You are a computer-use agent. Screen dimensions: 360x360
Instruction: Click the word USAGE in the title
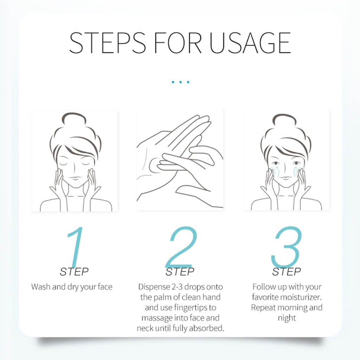click(x=250, y=43)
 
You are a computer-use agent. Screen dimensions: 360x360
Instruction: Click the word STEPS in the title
click(x=107, y=43)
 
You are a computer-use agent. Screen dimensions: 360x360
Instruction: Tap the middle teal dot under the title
click(x=180, y=82)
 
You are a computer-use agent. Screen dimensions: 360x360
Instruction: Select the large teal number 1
click(x=75, y=247)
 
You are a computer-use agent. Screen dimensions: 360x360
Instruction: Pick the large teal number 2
click(x=181, y=246)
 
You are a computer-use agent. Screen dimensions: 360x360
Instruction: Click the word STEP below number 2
click(x=180, y=272)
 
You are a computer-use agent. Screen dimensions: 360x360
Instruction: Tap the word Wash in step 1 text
click(x=41, y=287)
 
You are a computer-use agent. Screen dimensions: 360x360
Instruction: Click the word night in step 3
click(x=287, y=318)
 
